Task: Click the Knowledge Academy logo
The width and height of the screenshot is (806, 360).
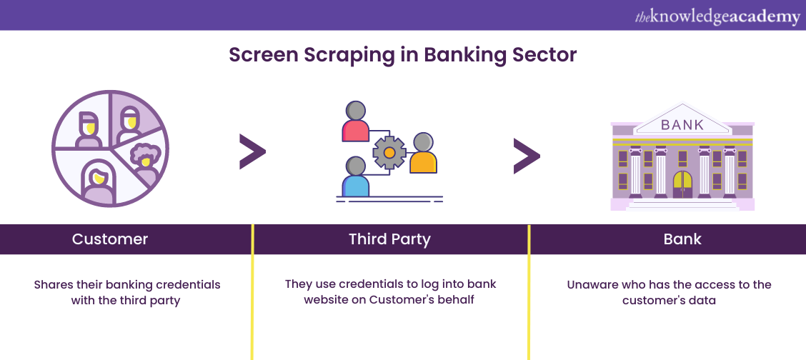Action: point(717,17)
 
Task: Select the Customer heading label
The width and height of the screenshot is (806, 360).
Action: point(110,239)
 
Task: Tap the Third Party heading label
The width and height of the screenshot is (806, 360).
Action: point(389,239)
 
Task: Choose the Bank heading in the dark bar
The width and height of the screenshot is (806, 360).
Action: point(682,239)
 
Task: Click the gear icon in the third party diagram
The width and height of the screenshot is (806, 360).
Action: point(389,153)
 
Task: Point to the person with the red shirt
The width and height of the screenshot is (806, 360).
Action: point(355,121)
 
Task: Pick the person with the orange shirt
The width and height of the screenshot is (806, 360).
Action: point(423,153)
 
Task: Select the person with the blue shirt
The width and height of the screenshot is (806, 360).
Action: point(355,176)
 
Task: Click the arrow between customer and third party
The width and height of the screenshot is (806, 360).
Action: point(252,152)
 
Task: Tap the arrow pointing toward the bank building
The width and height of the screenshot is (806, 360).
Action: point(527,156)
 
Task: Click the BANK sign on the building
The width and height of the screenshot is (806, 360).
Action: point(682,125)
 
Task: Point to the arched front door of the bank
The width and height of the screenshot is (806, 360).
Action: point(682,184)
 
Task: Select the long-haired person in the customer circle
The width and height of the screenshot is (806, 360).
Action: point(99,182)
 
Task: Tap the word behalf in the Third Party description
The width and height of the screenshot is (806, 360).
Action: point(457,299)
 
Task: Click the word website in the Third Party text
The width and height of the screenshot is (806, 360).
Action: point(327,299)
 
